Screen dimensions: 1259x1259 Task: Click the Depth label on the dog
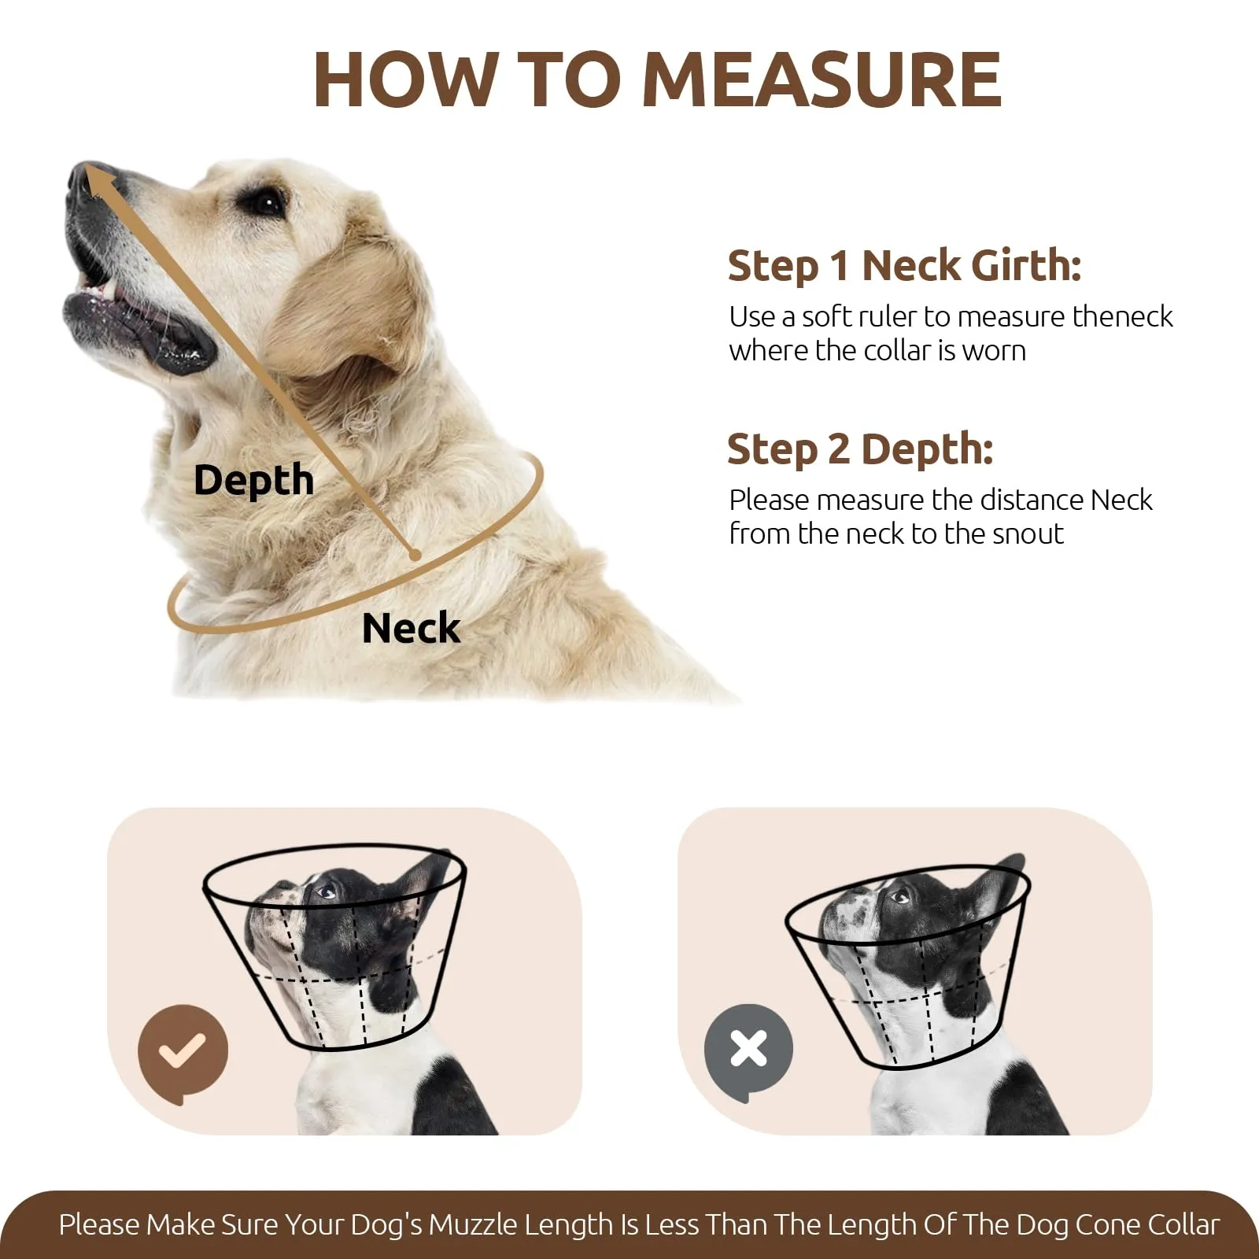coord(253,480)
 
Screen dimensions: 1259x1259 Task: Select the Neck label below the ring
coord(411,628)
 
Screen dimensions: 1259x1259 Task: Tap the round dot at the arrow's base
coord(415,555)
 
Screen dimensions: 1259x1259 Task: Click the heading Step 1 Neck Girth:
coord(904,266)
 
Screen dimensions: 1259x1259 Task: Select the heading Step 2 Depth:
coord(860,450)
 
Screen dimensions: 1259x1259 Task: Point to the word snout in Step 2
coord(1028,534)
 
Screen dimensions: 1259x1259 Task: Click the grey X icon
coord(748,1050)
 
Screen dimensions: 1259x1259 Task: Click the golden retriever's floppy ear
coord(346,315)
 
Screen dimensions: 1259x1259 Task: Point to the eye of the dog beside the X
coord(899,896)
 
